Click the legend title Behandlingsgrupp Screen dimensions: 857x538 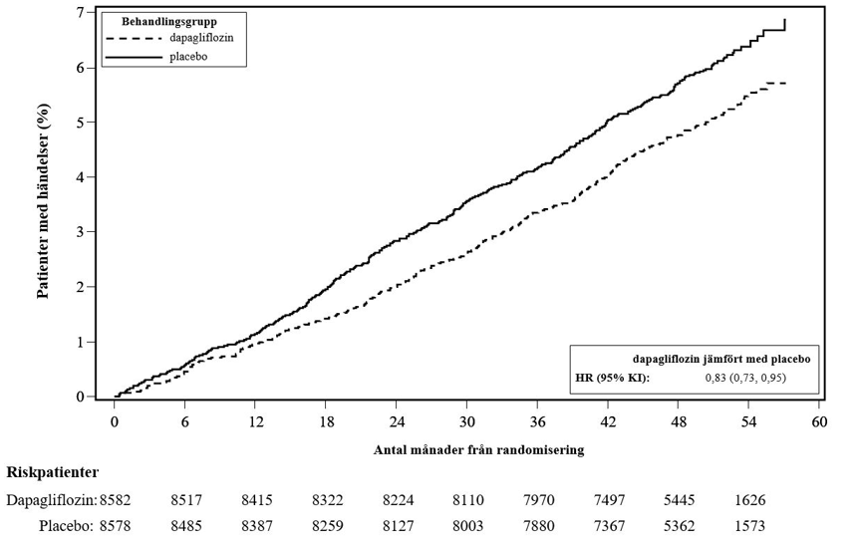pos(168,22)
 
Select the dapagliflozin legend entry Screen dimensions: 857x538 pos(169,39)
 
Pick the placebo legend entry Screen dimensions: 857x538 pos(156,56)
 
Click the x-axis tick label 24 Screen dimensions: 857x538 pos(396,422)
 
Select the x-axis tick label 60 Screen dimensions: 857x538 pos(819,422)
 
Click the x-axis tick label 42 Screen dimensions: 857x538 pos(607,422)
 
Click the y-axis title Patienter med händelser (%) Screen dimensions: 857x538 pos(43,201)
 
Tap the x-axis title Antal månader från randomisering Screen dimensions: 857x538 pos(478,450)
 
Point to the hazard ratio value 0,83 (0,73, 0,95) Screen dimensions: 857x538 pos(745,378)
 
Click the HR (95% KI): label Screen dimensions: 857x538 pos(613,378)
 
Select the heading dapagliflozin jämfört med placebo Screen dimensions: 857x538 pos(721,359)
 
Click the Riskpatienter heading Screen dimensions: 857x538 pos(53,472)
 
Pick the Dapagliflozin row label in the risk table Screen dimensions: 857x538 pos(52,500)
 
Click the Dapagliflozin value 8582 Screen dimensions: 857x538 pos(116,500)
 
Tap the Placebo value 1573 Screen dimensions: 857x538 pos(749,526)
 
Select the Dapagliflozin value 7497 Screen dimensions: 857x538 pos(609,500)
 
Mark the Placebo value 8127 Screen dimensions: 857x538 pos(398,526)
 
